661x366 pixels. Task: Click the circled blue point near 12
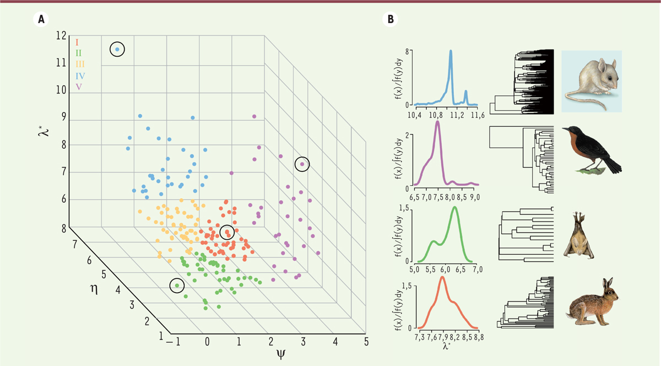117,50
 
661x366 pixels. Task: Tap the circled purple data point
302,164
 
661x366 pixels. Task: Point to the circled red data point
227,233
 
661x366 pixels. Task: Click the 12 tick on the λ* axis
61,36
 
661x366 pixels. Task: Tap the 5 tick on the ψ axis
366,342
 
